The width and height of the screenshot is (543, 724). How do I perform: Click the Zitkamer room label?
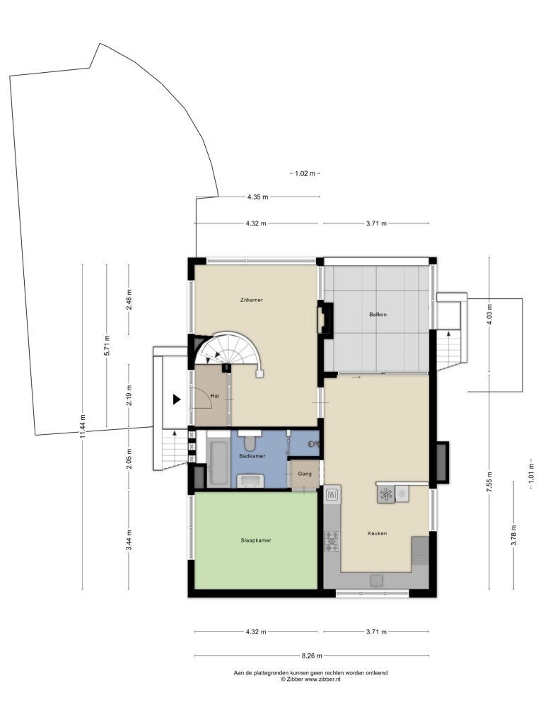click(251, 300)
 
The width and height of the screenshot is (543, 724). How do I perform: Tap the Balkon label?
click(378, 315)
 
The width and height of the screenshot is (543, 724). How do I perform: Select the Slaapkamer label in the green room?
click(256, 540)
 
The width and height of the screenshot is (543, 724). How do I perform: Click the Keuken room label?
click(377, 533)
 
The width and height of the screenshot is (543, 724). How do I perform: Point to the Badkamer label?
click(252, 456)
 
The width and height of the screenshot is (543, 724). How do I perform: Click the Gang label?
click(305, 474)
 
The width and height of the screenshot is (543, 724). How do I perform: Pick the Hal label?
click(214, 396)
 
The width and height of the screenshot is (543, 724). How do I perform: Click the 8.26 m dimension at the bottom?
click(312, 655)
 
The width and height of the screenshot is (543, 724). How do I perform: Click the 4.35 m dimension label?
click(257, 197)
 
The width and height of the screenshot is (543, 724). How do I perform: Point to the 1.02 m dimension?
click(305, 174)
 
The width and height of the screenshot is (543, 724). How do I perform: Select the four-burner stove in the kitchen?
click(332, 542)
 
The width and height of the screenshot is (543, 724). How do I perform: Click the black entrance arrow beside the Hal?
click(176, 399)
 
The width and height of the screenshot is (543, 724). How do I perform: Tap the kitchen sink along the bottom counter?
click(377, 580)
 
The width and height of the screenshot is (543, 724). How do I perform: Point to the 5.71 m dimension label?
click(107, 344)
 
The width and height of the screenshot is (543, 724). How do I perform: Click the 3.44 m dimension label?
click(129, 539)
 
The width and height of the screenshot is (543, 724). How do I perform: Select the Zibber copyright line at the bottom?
click(310, 679)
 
